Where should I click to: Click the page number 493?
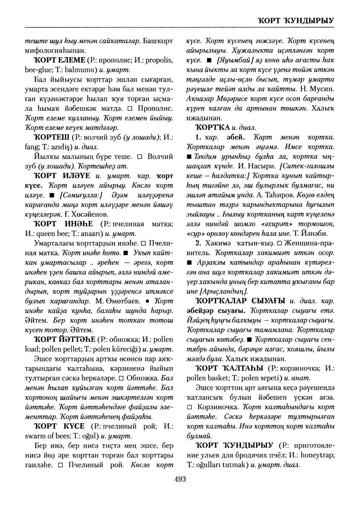tap(180, 479)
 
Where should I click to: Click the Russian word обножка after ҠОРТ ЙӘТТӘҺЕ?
tap(121, 339)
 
